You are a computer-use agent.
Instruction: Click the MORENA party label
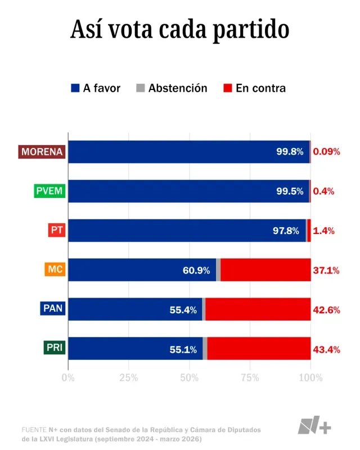pyautogui.click(x=42, y=152)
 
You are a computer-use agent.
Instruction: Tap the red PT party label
pyautogui.click(x=56, y=231)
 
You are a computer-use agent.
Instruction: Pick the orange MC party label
pyautogui.click(x=55, y=270)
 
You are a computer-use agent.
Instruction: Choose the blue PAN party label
pyautogui.click(x=53, y=309)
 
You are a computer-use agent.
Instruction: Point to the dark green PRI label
pyautogui.click(x=54, y=349)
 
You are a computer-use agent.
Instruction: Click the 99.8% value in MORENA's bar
pyautogui.click(x=290, y=152)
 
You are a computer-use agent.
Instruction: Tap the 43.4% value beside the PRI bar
pyautogui.click(x=326, y=349)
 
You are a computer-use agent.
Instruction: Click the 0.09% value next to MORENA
pyautogui.click(x=326, y=152)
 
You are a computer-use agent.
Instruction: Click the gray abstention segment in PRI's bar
pyautogui.click(x=205, y=349)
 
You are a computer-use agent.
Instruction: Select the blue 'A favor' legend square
pyautogui.click(x=75, y=88)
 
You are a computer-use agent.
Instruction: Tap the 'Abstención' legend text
pyautogui.click(x=178, y=88)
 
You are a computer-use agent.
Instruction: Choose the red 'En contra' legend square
pyautogui.click(x=228, y=88)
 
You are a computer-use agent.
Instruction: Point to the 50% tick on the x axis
pyautogui.click(x=189, y=377)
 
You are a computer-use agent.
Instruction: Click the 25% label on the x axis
pyautogui.click(x=128, y=377)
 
